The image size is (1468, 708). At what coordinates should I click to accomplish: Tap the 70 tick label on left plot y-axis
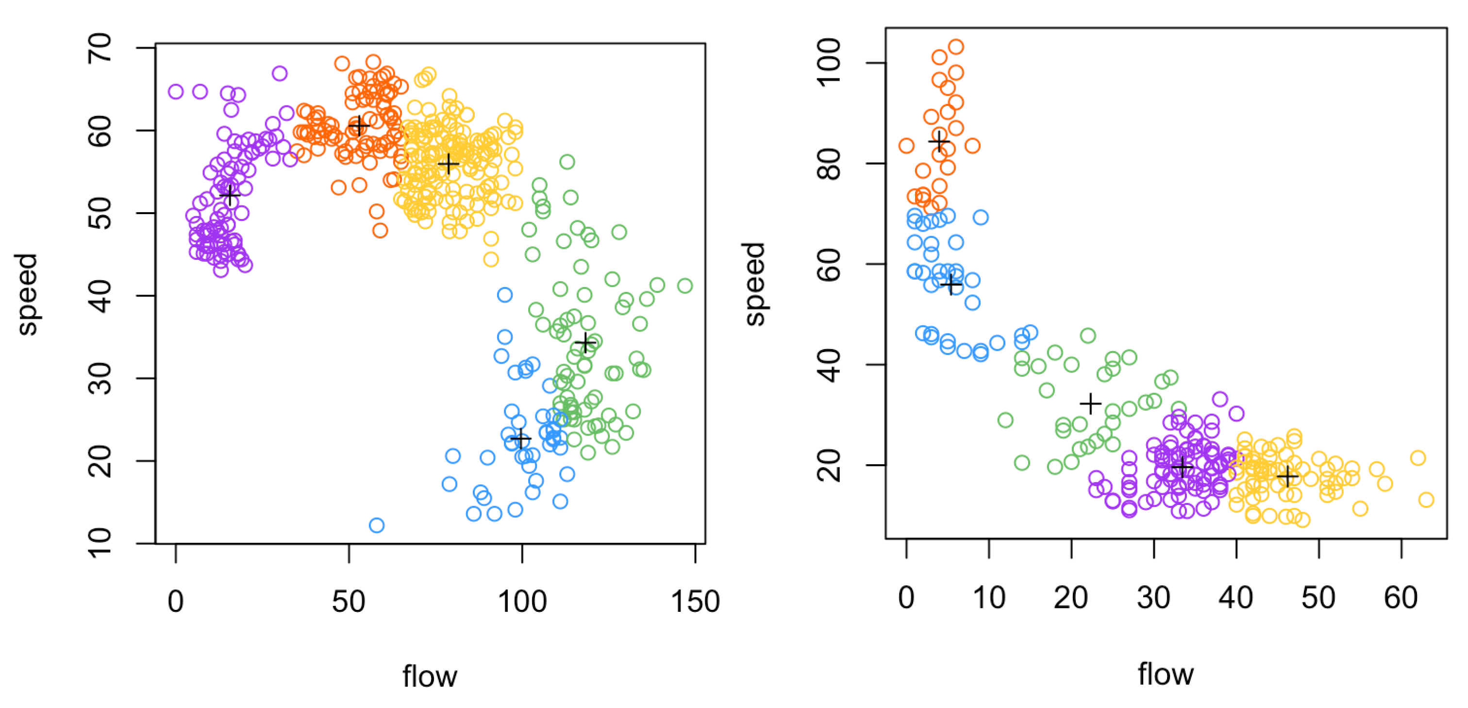[100, 48]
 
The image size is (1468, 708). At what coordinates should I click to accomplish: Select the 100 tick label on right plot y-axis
[829, 63]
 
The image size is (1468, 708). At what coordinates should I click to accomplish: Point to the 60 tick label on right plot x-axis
[1401, 598]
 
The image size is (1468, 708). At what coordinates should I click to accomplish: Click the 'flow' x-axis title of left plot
[430, 676]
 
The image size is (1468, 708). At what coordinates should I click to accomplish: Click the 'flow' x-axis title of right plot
[1166, 674]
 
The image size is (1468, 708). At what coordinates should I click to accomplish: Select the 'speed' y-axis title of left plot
[27, 294]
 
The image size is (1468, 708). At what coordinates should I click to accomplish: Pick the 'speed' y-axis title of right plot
[755, 284]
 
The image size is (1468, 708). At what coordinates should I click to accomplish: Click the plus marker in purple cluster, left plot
[230, 196]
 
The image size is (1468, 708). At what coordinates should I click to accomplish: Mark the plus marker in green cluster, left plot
[585, 343]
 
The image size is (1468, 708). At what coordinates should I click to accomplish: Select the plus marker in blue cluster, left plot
[520, 439]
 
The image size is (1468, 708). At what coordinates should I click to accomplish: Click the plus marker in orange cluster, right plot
[939, 142]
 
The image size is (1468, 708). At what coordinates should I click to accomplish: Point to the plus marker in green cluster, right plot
[1091, 404]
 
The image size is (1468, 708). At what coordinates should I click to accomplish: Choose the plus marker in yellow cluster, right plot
[1287, 476]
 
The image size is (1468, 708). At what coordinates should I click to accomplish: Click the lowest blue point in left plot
[377, 525]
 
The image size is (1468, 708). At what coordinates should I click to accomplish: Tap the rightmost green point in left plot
[685, 286]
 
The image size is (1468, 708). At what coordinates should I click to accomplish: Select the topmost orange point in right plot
[956, 47]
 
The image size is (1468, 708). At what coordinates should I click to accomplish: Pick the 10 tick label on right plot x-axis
[989, 598]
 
